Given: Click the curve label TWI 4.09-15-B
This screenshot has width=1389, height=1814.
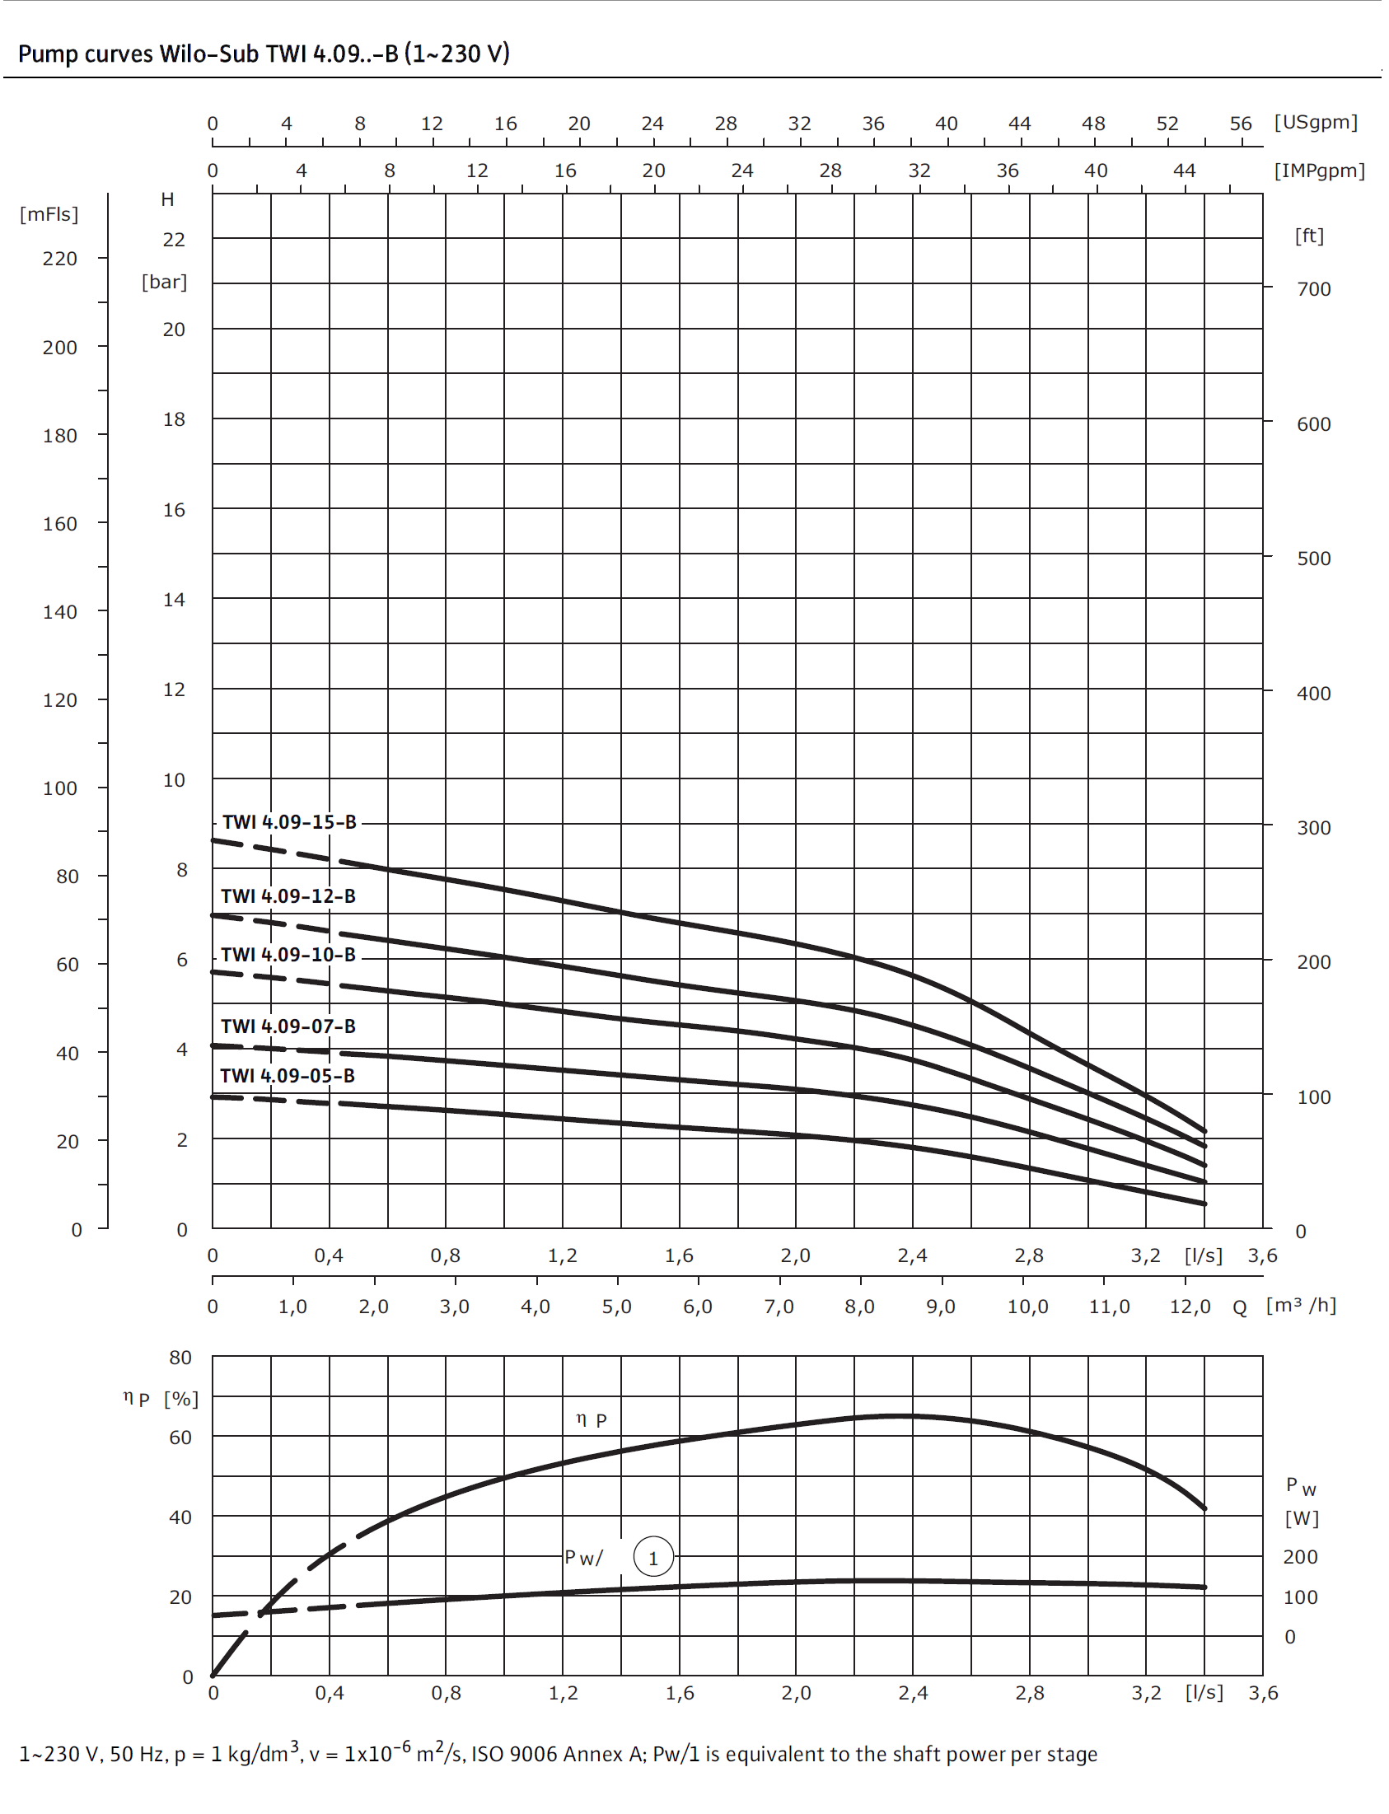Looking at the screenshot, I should click(289, 822).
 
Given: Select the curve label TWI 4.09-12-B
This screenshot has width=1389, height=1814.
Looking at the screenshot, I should click(288, 895).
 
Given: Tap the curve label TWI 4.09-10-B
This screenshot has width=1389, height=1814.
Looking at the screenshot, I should click(288, 954).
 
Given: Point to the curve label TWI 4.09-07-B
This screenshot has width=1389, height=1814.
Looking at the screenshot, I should click(288, 1026).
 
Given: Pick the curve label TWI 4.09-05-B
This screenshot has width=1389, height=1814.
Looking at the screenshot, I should click(287, 1076).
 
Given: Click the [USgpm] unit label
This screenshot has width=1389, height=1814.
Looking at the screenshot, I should click(1316, 123).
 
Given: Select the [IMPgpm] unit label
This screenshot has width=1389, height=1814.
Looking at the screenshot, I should click(1319, 171).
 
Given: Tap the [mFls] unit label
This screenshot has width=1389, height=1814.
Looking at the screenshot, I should click(49, 214).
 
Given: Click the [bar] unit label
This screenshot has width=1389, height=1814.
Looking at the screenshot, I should click(164, 282).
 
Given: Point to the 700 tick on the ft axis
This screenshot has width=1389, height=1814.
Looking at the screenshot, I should click(1314, 289).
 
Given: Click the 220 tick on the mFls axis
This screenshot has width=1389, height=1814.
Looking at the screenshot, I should click(59, 259).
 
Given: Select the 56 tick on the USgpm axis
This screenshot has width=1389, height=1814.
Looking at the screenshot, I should click(1240, 124).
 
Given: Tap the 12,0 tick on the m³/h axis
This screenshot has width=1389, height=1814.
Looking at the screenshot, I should click(1190, 1307).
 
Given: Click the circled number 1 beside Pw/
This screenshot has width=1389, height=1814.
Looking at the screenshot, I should click(653, 1558).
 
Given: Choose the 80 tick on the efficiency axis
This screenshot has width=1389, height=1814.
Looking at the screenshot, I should click(180, 1358).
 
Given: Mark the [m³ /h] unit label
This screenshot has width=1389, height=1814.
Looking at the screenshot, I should click(1301, 1305).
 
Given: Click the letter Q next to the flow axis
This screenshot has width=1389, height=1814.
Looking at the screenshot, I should click(1239, 1307).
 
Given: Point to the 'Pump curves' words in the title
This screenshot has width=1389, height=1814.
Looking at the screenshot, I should click(86, 54).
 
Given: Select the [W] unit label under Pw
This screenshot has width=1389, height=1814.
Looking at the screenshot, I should click(1302, 1518).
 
